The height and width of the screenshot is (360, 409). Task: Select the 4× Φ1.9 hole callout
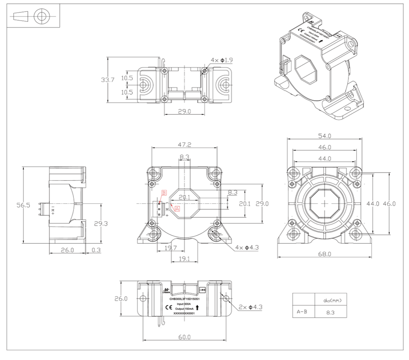pyautogui.click(x=222, y=60)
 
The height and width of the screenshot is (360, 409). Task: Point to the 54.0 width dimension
pyautogui.click(x=324, y=136)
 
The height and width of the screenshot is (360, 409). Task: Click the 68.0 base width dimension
pyautogui.click(x=324, y=254)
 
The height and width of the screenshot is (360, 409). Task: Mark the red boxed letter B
pyautogui.click(x=164, y=193)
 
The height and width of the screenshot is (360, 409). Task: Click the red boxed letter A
pyautogui.click(x=178, y=208)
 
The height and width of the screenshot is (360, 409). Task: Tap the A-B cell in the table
pyautogui.click(x=302, y=311)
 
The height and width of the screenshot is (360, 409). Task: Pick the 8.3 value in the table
pyautogui.click(x=330, y=312)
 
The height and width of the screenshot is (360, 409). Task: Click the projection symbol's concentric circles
pyautogui.click(x=40, y=16)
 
